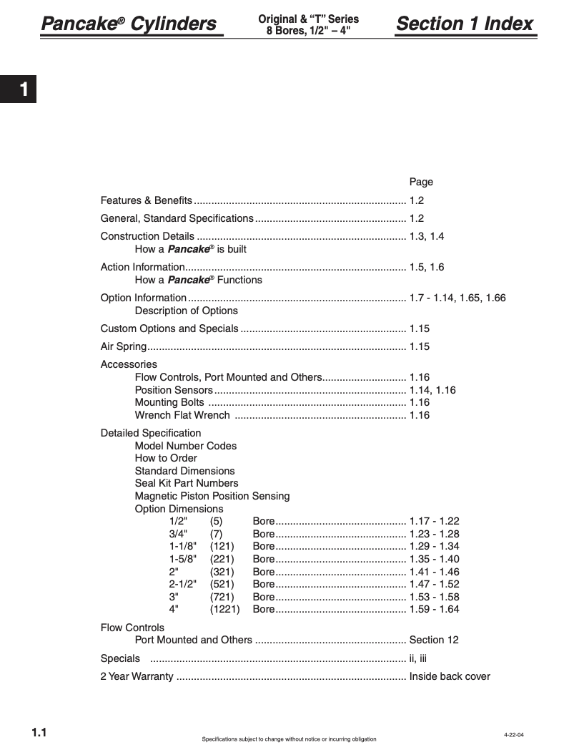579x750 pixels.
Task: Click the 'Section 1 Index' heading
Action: (x=465, y=24)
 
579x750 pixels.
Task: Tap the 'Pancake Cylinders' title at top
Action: (x=129, y=24)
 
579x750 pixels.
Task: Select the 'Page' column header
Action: (x=421, y=182)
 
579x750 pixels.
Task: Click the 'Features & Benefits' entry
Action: (x=147, y=200)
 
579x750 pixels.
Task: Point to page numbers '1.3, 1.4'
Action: (x=427, y=236)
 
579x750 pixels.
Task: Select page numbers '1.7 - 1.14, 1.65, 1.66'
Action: (x=457, y=298)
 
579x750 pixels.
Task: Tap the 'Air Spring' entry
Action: (x=124, y=346)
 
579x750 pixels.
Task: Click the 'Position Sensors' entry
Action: (x=174, y=390)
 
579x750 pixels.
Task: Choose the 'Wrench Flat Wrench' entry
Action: (x=182, y=415)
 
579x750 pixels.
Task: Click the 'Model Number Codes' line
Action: (x=186, y=446)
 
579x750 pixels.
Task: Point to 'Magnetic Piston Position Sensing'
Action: (x=212, y=496)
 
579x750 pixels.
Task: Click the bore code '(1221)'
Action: (x=224, y=609)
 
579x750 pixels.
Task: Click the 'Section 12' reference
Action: (x=434, y=640)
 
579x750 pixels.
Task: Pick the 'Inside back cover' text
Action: (x=450, y=676)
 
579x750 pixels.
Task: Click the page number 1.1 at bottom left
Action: (x=39, y=732)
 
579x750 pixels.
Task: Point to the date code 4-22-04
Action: (x=514, y=735)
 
